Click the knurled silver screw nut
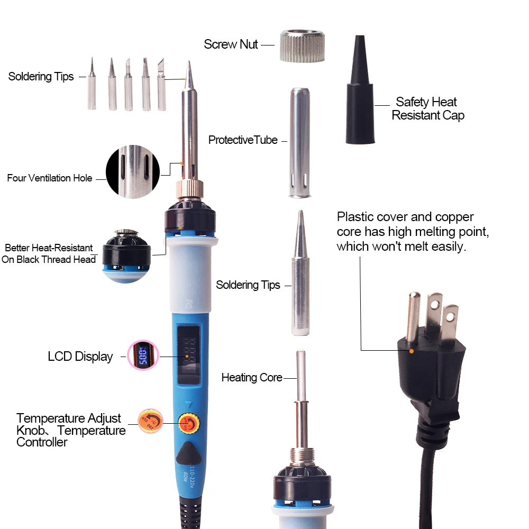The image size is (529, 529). point(302,47)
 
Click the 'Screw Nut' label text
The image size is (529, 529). point(231,44)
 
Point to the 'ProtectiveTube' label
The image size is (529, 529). point(243,140)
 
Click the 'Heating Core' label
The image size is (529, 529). point(251,378)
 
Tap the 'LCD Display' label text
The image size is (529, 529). point(80,357)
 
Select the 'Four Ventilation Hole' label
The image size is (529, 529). point(49,178)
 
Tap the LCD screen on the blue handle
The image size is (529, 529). point(187,354)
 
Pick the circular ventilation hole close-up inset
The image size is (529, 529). point(133,172)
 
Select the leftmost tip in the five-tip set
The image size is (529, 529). point(92,87)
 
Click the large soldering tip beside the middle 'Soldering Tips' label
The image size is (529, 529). point(300,275)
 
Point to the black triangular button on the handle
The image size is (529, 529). point(187,454)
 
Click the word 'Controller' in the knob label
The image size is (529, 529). point(42,442)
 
